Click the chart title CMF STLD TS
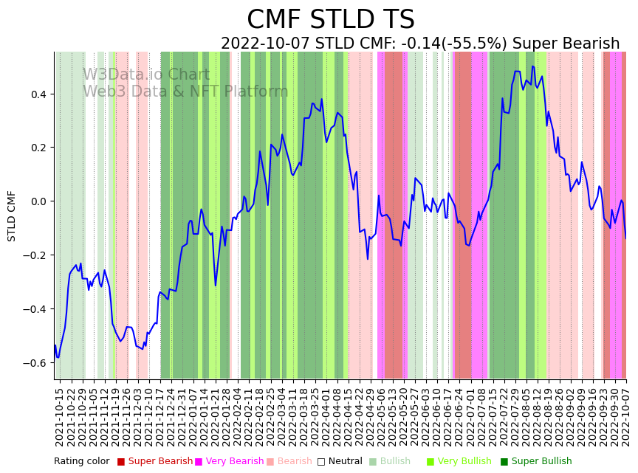click(330, 20)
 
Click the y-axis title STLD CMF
click(12, 215)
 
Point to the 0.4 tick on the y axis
click(38, 94)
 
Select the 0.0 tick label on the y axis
click(38, 201)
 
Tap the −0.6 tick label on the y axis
click(35, 363)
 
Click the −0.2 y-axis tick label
click(35, 255)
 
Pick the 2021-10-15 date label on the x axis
click(59, 417)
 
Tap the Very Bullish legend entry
click(464, 462)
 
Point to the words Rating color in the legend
click(81, 462)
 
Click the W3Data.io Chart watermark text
click(146, 75)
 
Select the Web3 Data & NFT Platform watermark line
click(185, 92)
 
